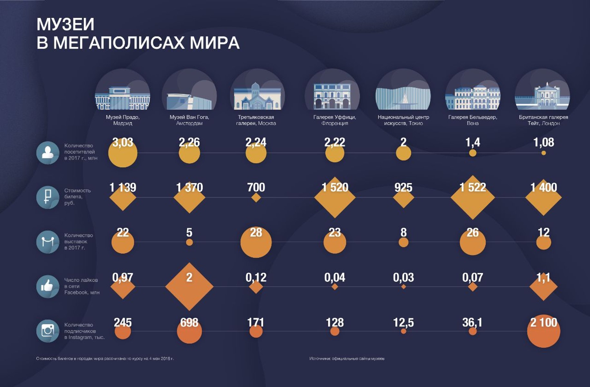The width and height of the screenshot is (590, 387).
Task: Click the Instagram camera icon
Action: click(x=48, y=331)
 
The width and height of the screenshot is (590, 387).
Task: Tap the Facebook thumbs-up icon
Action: click(x=48, y=286)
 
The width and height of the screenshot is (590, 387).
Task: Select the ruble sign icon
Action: click(x=48, y=197)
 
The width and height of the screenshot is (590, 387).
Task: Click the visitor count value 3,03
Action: click(x=123, y=142)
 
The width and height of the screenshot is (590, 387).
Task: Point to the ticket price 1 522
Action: click(x=472, y=187)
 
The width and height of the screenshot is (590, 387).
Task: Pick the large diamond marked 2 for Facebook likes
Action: click(x=189, y=286)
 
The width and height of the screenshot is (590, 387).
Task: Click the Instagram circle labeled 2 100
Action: click(x=544, y=332)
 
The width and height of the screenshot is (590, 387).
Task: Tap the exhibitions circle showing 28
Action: click(x=256, y=242)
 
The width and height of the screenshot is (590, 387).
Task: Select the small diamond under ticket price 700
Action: click(x=256, y=197)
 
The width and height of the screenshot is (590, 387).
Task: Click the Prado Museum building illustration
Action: click(x=122, y=97)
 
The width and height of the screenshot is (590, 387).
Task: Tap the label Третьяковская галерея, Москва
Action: click(x=256, y=120)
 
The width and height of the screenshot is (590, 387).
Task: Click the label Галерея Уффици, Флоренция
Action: click(x=334, y=120)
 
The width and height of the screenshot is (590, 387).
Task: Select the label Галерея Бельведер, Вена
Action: click(x=472, y=120)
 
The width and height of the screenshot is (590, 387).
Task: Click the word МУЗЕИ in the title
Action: click(x=65, y=25)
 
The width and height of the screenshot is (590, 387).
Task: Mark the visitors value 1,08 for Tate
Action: click(x=544, y=142)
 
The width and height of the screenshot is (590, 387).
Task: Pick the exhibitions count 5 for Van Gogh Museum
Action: click(x=189, y=233)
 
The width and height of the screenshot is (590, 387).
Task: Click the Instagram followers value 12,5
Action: click(x=403, y=322)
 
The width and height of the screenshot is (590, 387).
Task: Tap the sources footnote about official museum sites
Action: click(x=347, y=359)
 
